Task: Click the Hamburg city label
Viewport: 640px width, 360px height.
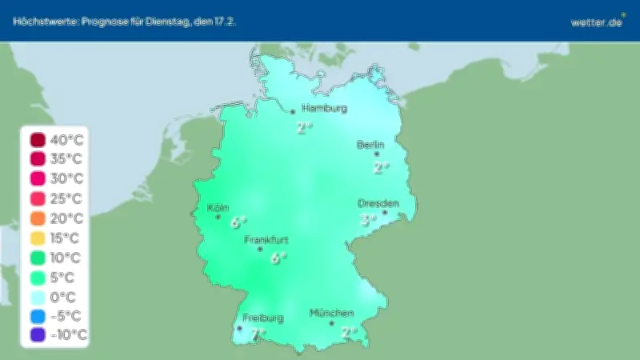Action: (324, 108)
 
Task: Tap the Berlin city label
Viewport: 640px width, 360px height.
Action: (370, 145)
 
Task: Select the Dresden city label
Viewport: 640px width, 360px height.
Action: (378, 203)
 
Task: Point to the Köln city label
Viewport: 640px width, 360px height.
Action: (218, 208)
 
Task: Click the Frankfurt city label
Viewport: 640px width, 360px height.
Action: (266, 239)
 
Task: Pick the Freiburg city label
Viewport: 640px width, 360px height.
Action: (263, 318)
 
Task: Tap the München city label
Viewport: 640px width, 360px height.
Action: (331, 312)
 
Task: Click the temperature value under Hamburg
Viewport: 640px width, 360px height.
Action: (304, 127)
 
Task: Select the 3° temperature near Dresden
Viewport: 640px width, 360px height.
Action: (368, 220)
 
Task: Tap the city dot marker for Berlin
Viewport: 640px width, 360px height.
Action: (377, 154)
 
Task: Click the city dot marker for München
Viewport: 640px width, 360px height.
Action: (331, 323)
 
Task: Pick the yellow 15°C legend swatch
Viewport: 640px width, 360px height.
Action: (37, 238)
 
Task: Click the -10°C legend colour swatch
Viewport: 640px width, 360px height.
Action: (37, 335)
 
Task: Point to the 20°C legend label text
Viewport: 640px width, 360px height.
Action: (66, 218)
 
